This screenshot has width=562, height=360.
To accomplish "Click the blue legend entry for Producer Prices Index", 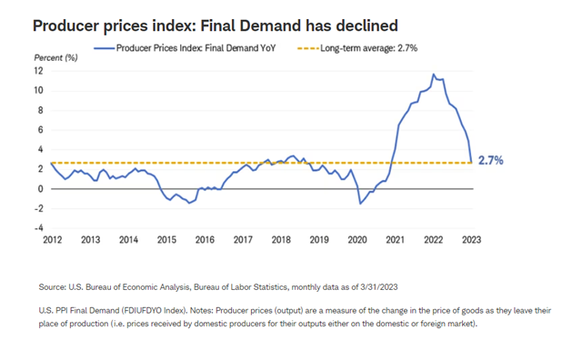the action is [x=185, y=48].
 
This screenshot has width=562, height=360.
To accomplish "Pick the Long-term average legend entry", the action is [x=357, y=48].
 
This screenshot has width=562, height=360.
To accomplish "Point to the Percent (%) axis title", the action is [x=55, y=57].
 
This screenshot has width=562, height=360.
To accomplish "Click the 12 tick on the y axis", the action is [x=38, y=71].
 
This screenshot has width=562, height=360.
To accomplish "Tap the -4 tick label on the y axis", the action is [x=38, y=228].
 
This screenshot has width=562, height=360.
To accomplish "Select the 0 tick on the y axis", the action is [x=41, y=189].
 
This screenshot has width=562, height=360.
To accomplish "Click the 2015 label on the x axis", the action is [x=166, y=240].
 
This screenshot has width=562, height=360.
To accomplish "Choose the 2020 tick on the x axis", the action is [x=357, y=240].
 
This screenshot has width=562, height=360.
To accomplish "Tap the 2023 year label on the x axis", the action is [x=471, y=240].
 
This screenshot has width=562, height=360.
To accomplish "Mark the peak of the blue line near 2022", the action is [x=434, y=75].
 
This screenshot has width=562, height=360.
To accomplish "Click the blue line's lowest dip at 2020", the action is [x=360, y=204].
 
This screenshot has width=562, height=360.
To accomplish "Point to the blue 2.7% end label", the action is [x=491, y=161].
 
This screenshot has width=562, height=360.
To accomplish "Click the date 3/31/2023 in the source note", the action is [x=380, y=287].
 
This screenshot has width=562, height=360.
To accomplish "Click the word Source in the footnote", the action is [x=52, y=287].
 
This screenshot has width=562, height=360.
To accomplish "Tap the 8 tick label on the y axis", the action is [x=41, y=110].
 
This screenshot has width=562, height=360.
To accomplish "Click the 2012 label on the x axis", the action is [x=53, y=240].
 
